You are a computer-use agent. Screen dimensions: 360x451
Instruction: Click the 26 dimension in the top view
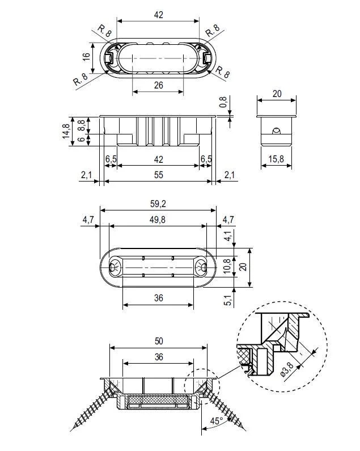(x=158, y=86)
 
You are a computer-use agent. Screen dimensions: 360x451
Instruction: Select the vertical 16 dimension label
(x=86, y=56)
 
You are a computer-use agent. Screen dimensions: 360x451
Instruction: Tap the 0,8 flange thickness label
(x=223, y=102)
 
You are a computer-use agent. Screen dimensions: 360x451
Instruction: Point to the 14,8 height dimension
(x=66, y=131)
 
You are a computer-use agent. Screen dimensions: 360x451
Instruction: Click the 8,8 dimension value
(x=82, y=125)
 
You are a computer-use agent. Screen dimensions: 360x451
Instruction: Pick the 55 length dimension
(x=158, y=175)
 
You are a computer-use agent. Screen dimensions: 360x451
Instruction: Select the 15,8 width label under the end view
(x=276, y=159)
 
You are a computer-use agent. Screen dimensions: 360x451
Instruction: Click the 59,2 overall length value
(x=158, y=204)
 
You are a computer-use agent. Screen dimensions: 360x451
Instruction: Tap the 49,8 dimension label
(x=158, y=220)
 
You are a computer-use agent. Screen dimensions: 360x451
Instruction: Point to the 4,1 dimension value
(x=228, y=236)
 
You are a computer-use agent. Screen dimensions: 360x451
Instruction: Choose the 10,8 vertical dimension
(x=227, y=265)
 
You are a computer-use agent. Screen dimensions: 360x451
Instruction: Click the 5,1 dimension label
(x=228, y=300)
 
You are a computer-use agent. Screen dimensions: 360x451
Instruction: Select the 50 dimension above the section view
(x=159, y=341)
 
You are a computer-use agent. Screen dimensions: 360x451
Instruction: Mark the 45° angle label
(x=216, y=421)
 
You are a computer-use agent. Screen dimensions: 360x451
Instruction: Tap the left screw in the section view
(x=91, y=409)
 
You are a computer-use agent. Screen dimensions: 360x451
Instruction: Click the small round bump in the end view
(x=276, y=131)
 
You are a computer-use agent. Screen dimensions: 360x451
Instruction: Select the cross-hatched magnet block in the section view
(x=158, y=399)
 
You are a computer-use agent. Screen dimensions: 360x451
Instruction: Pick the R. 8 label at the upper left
(x=104, y=31)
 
